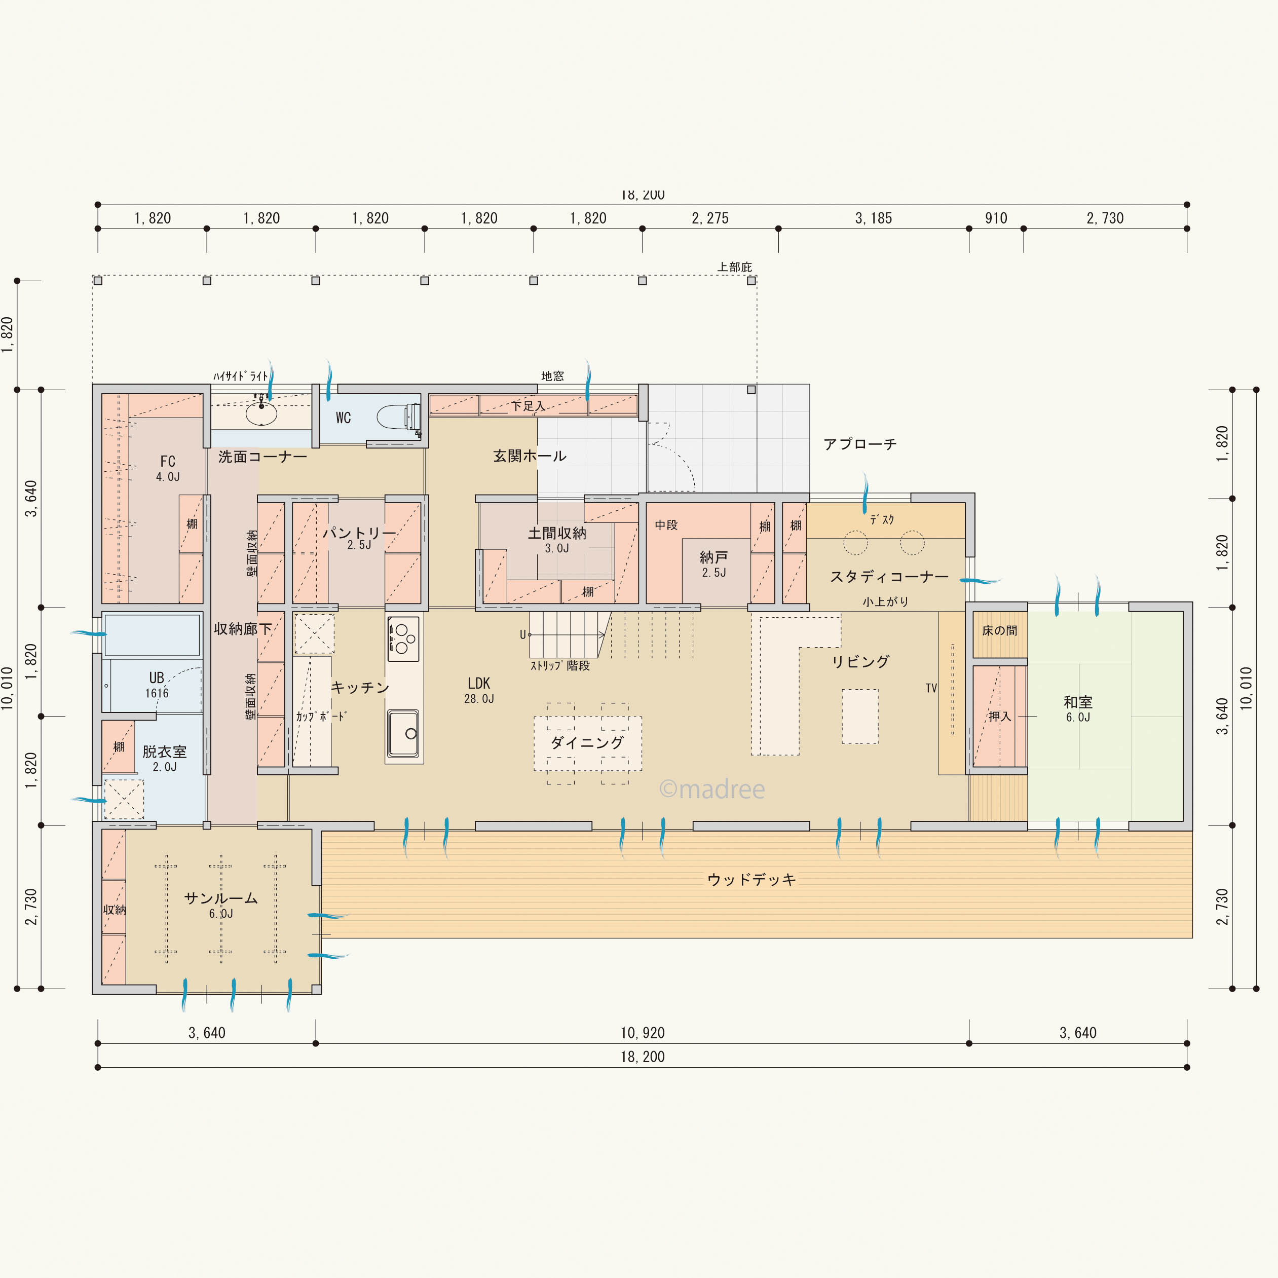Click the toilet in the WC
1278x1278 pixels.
tap(398, 418)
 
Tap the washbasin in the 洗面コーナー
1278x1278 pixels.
tap(261, 414)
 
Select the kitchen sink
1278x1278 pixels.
tap(403, 733)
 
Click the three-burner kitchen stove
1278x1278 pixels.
tap(403, 638)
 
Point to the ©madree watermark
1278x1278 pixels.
tap(712, 788)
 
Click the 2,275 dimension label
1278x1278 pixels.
tap(710, 218)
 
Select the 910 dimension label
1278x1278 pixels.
tap(996, 218)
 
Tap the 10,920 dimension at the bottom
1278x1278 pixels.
tap(643, 1033)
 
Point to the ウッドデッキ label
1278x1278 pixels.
tap(751, 879)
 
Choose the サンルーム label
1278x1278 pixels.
tap(220, 897)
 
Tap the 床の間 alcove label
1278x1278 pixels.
tap(999, 630)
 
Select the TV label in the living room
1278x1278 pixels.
tap(931, 688)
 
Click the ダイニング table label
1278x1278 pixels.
tap(587, 742)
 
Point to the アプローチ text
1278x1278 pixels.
tap(860, 444)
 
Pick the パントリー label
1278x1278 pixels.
tap(359, 533)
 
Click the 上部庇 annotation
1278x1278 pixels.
tap(735, 267)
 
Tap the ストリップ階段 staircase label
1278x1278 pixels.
tap(559, 665)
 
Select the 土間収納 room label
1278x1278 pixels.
tap(557, 533)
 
